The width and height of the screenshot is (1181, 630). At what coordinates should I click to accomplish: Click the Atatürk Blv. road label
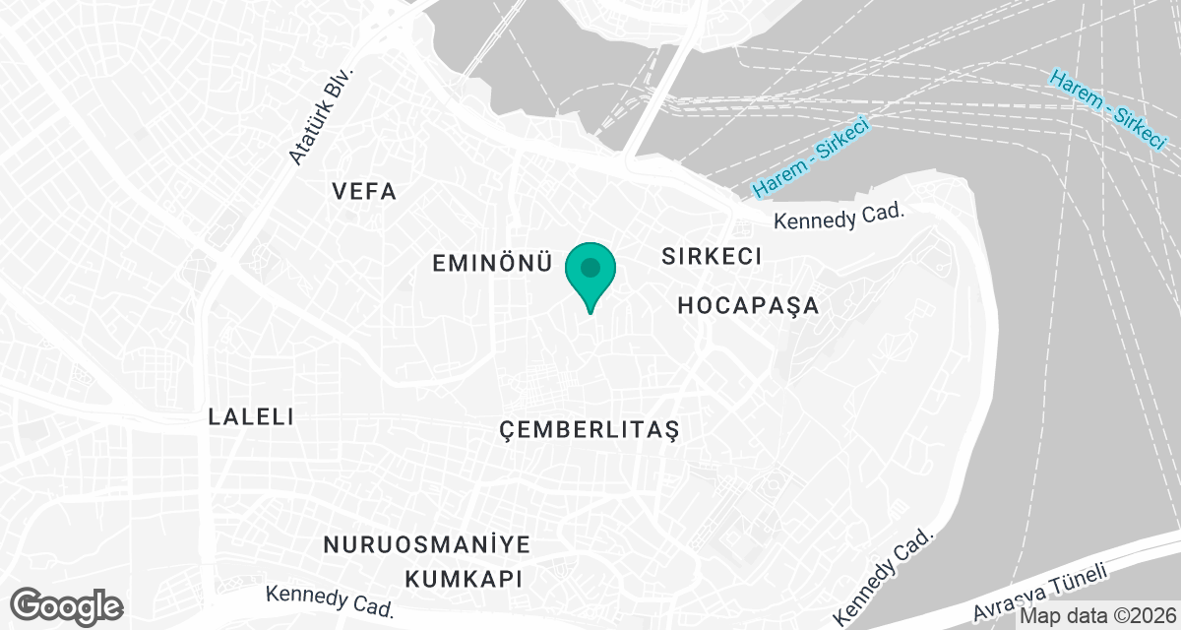coord(320,116)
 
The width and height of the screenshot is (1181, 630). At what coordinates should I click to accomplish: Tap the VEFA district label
coord(364,191)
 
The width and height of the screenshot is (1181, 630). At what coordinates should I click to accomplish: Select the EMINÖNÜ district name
coord(490,263)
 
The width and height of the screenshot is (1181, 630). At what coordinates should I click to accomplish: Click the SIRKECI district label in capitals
coord(713,257)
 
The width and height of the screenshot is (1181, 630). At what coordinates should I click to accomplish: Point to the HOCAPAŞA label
coord(748,306)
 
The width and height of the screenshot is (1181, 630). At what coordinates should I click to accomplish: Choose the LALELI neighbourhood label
coord(252,416)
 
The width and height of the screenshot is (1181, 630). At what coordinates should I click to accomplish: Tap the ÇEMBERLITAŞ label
coord(590,430)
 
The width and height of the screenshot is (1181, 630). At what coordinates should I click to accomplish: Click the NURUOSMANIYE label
coord(427,545)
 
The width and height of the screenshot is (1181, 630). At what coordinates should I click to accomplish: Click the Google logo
coord(67,604)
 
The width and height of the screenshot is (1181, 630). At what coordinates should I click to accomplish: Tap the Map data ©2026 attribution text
coord(1097,616)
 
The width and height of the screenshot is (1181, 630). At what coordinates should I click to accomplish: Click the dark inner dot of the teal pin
coord(590,267)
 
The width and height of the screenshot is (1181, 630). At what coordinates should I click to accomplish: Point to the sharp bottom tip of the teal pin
coord(590,313)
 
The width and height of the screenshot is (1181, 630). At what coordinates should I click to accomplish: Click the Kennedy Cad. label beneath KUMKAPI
coord(330,601)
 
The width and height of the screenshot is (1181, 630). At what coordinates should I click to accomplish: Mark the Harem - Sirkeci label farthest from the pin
coord(1108,108)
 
